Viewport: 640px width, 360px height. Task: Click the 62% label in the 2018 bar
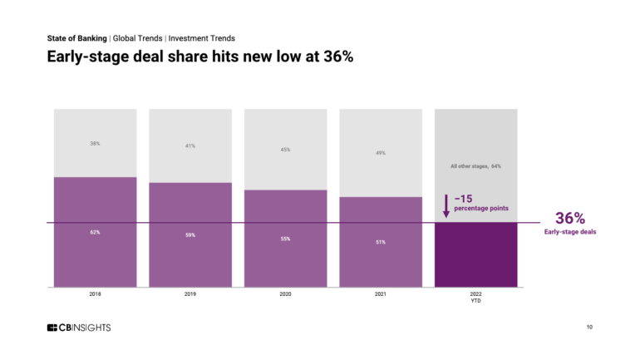(95, 232)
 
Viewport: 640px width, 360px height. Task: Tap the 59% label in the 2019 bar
(190, 235)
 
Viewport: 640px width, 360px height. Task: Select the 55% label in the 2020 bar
(285, 239)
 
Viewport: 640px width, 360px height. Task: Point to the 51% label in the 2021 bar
(381, 242)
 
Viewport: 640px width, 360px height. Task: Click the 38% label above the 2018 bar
(95, 143)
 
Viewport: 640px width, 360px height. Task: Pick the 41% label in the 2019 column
(190, 146)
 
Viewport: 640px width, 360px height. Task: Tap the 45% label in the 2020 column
(285, 150)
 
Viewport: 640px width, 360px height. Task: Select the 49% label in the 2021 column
(381, 153)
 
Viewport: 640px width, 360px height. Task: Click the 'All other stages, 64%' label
(475, 166)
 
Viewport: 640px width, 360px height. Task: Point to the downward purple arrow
(446, 205)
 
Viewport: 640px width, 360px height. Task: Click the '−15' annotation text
(464, 198)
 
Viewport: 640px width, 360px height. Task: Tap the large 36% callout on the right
(570, 218)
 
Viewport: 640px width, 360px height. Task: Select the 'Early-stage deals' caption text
(570, 232)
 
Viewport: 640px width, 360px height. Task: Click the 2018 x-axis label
(95, 294)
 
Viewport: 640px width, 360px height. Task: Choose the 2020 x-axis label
(285, 294)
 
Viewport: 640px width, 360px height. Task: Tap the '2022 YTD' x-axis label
(475, 298)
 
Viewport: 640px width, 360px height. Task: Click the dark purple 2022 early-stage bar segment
(475, 254)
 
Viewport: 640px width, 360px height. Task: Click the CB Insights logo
(79, 328)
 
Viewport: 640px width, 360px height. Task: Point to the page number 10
(589, 328)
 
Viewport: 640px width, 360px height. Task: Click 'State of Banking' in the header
(76, 38)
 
